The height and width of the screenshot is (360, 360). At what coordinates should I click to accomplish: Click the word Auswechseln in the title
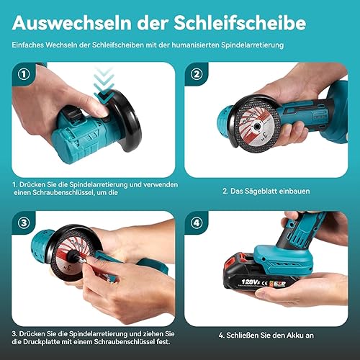click(71, 23)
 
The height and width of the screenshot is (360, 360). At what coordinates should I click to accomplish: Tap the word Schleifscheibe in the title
click(240, 23)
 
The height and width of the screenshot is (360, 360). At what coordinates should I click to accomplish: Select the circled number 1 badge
click(24, 74)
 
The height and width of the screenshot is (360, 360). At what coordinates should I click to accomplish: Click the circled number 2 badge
click(197, 74)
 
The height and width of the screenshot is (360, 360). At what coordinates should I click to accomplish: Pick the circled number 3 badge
click(24, 222)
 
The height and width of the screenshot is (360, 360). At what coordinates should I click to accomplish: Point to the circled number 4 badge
click(197, 222)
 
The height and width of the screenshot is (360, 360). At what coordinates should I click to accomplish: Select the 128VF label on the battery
click(251, 282)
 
